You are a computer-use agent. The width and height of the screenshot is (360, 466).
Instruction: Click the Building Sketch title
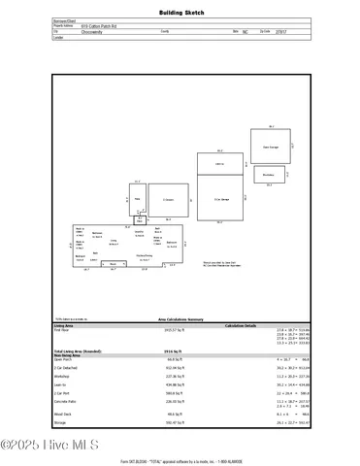[180, 13]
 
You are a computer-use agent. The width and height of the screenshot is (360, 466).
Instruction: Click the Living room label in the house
[114, 240]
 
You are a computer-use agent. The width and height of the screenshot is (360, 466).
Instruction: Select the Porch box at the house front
[114, 263]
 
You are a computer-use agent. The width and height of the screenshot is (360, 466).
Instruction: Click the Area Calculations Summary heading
[180, 317]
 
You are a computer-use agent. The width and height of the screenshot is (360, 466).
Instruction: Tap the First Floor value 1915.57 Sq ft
[155, 330]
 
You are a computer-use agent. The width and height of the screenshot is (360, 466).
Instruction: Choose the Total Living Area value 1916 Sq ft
[154, 348]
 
